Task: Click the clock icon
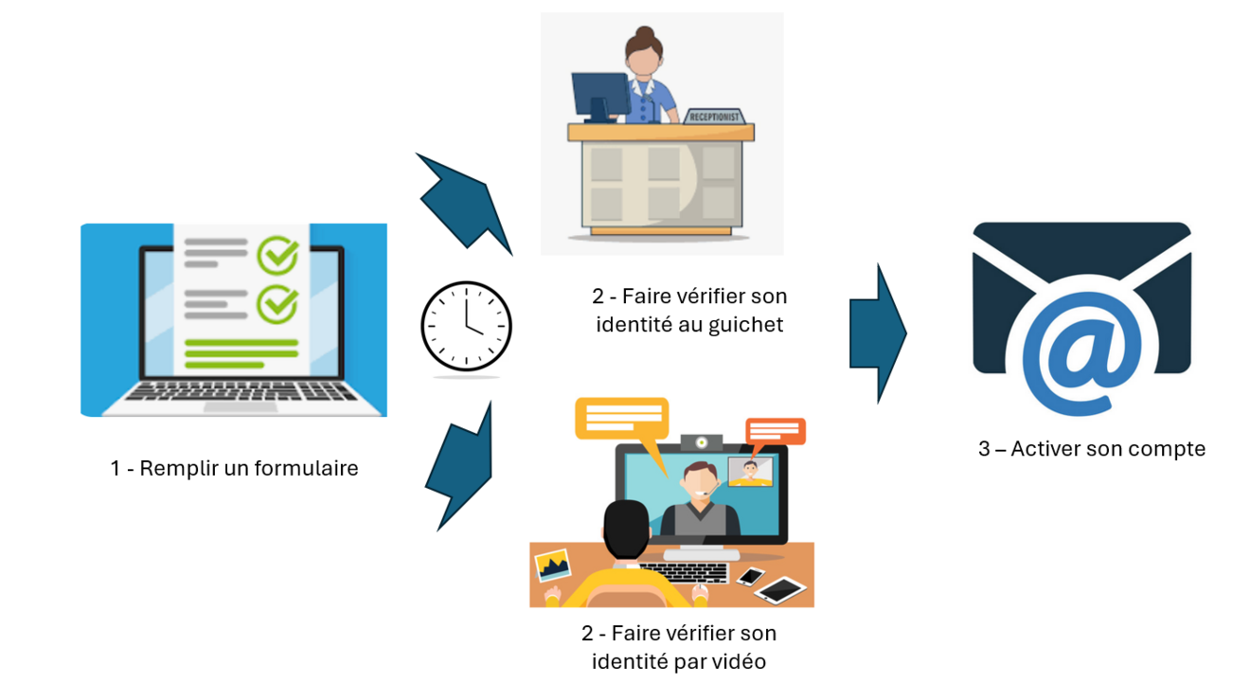[466, 326]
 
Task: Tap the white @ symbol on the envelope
[1080, 356]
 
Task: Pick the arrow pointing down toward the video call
[462, 464]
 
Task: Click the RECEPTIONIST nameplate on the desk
[714, 117]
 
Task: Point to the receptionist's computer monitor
[599, 96]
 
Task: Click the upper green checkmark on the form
[277, 254]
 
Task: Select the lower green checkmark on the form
[277, 303]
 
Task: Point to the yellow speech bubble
[621, 419]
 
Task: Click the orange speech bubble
[776, 432]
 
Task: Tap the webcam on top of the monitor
[702, 442]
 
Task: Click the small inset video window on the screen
[750, 471]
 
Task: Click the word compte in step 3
[1170, 448]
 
